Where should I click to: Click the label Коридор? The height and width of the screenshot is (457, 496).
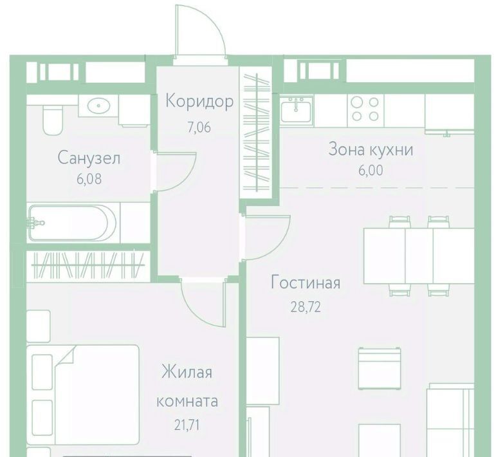pos(199,102)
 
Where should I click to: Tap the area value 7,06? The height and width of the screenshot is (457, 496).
pos(199,127)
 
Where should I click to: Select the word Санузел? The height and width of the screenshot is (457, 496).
pos(89,158)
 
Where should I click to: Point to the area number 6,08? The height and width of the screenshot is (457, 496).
pos(89,179)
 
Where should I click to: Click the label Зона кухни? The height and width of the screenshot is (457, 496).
pos(371,149)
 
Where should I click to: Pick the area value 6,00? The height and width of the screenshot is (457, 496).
pos(371,171)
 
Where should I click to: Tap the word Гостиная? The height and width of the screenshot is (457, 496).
pos(306,283)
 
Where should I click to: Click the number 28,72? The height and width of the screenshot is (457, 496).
pos(306,307)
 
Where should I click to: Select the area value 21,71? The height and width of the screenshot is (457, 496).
pos(187,425)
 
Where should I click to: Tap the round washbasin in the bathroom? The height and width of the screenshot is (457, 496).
pos(98,106)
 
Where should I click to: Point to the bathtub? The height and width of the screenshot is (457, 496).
pos(73,223)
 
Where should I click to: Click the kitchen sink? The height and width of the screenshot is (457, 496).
pos(296,109)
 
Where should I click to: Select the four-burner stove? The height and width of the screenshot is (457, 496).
pos(365,110)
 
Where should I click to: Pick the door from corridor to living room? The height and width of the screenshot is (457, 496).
pos(266,238)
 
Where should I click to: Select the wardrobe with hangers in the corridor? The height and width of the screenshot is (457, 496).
pos(255,133)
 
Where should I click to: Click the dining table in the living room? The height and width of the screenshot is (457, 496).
pos(419,256)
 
